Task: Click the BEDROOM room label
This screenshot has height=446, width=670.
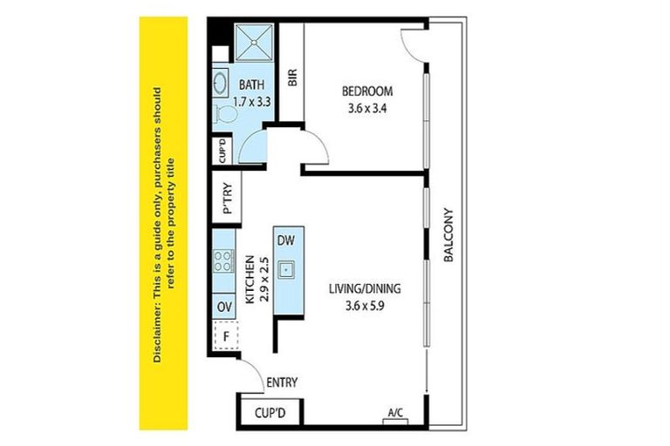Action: pos(366,91)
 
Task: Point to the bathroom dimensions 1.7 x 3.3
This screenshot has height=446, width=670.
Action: pos(252,102)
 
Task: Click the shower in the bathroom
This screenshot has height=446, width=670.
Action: pos(256,40)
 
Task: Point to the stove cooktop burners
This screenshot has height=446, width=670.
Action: pos(223,260)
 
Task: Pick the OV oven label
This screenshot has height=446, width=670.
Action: pos(223,306)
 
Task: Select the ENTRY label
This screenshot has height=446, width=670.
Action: pos(282,382)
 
